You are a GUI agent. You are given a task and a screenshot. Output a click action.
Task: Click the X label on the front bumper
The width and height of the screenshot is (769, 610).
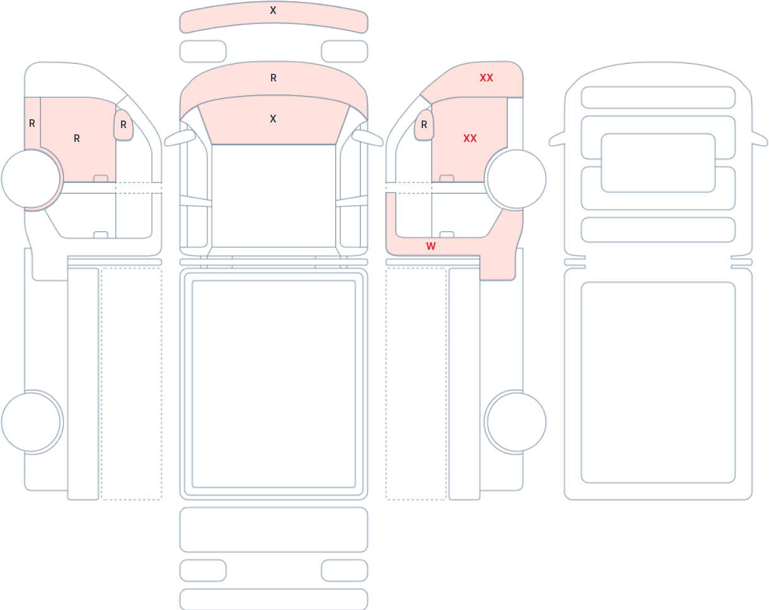273,10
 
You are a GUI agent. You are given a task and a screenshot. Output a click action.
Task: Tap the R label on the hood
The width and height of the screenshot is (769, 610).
274,78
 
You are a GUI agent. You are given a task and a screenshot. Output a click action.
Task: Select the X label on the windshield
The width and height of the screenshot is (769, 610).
273,119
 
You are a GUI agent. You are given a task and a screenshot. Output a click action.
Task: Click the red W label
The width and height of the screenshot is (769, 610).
431,246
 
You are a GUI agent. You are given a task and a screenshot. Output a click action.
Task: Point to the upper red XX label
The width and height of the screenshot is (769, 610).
486,78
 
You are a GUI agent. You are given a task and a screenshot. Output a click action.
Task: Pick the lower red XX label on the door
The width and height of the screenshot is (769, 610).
470,138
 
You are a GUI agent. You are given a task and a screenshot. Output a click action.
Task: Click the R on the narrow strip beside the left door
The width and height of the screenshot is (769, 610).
32,124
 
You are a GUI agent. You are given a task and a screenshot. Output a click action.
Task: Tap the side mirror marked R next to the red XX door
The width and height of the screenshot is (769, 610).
424,125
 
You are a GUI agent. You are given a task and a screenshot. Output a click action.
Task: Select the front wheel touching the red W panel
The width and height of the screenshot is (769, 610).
516,179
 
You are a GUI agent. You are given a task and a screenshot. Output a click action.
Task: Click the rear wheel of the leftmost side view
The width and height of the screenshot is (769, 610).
31,422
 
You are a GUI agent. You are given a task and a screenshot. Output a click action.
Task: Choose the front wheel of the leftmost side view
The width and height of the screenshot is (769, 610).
31,179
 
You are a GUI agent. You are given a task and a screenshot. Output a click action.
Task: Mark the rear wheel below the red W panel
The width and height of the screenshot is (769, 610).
516,422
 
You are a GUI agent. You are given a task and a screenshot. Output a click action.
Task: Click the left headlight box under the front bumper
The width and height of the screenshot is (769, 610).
203,51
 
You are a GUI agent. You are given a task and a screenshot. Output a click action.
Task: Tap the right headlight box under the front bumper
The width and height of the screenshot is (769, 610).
345,51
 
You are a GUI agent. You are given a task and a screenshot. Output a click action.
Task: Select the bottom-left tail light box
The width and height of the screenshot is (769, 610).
203,570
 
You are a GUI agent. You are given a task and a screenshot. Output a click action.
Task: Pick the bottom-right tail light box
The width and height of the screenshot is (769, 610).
345,570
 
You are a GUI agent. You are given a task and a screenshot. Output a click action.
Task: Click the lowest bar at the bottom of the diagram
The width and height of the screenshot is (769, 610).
274,600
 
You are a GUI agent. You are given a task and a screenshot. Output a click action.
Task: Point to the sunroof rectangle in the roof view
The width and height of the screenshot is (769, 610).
658,163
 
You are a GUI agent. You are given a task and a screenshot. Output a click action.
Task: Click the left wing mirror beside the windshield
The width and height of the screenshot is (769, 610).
180,138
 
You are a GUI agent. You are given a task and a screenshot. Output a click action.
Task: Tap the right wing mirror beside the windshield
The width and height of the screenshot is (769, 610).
367,138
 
